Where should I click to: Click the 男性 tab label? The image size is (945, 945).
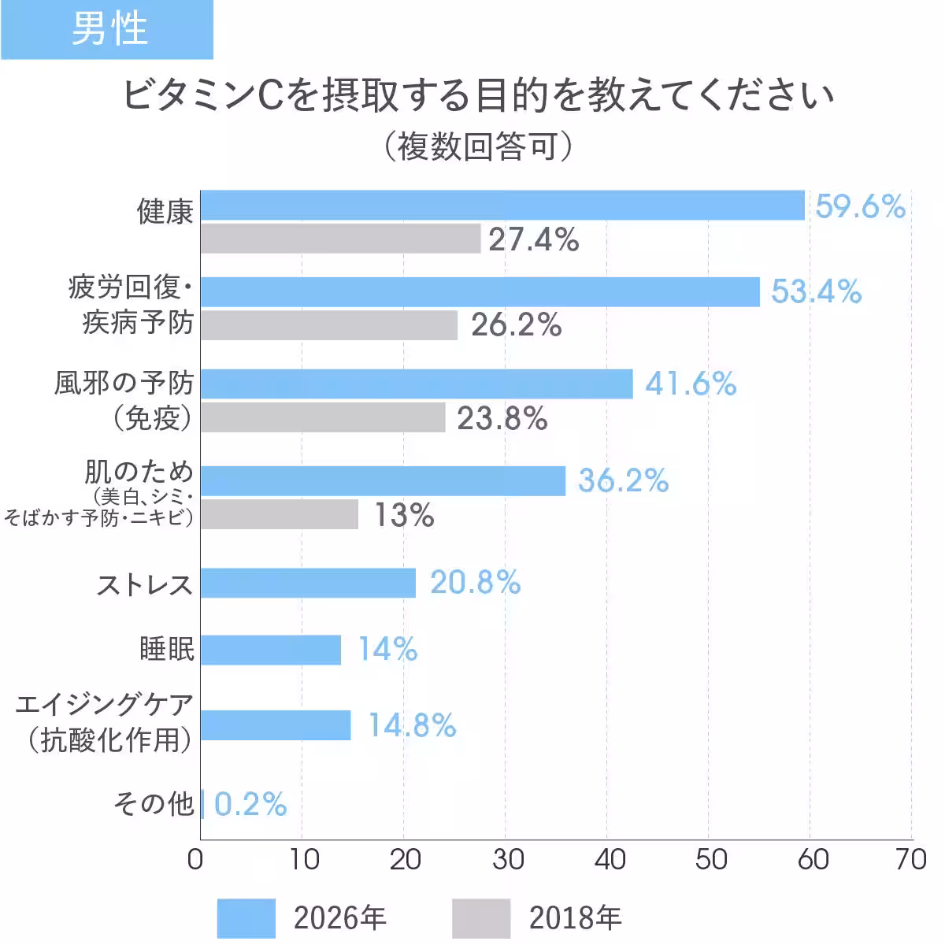point(109,29)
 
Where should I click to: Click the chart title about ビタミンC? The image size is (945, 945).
point(477,96)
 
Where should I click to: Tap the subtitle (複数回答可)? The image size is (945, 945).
point(477,146)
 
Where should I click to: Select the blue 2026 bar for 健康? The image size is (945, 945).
point(502,206)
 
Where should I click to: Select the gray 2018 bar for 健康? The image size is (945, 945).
point(340,239)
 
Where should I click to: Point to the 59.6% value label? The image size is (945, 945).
point(860,206)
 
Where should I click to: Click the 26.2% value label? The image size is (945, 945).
point(517,324)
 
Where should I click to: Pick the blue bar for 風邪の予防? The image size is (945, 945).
point(417,384)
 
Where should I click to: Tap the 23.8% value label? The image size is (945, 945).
point(502,418)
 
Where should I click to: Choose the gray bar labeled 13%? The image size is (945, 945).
point(280,514)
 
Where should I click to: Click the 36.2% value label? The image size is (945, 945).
point(623,480)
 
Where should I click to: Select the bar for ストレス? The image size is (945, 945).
point(308,583)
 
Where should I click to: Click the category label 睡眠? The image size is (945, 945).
point(166,650)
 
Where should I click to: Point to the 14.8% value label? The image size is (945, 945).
point(412,725)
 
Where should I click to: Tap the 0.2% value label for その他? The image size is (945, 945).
point(250,804)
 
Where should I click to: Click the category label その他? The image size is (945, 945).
point(154,804)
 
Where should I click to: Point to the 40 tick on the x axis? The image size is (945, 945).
point(610,859)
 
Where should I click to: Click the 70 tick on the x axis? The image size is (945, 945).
point(911,859)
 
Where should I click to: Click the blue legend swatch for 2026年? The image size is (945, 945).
point(246,918)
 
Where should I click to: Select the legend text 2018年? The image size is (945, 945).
point(575,918)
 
